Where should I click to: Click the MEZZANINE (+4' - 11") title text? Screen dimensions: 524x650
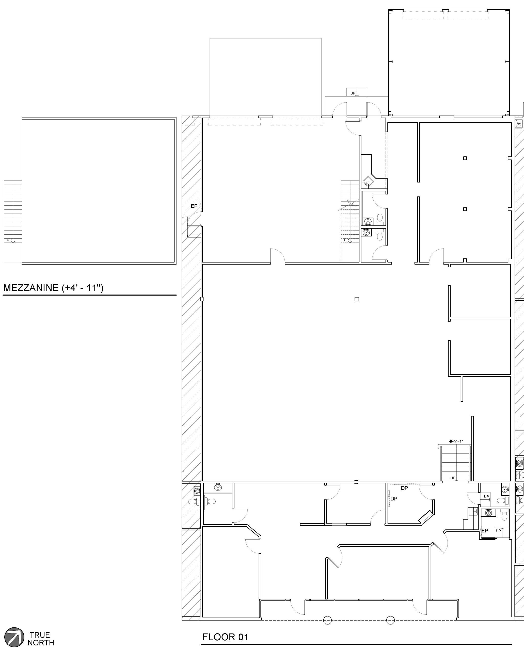click(x=53, y=288)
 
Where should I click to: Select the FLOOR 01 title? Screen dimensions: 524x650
click(x=225, y=637)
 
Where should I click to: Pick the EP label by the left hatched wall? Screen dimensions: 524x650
click(x=194, y=206)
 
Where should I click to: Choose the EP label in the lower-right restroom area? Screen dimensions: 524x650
click(x=485, y=530)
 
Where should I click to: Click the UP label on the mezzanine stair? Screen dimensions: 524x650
click(x=9, y=240)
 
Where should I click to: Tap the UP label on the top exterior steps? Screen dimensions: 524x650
click(x=353, y=93)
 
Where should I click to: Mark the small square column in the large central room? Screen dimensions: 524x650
click(x=357, y=299)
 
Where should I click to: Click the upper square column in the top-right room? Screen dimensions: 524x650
click(x=465, y=158)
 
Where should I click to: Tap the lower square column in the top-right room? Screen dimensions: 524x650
click(x=465, y=209)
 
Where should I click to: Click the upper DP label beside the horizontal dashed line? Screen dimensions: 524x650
click(x=404, y=488)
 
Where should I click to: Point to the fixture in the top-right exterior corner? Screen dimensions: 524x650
click(x=519, y=123)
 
